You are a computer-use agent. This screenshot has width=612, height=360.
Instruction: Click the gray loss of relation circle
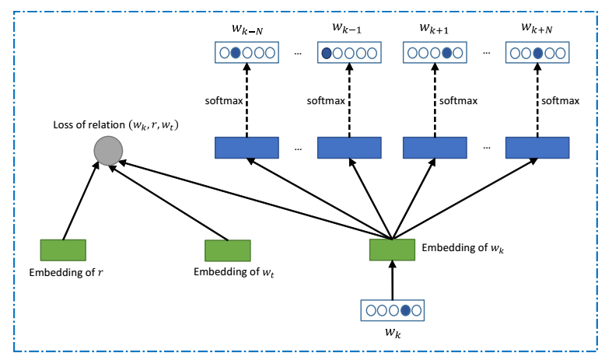pyautogui.click(x=107, y=149)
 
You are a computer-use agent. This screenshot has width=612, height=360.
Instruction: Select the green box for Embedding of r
pyautogui.click(x=63, y=250)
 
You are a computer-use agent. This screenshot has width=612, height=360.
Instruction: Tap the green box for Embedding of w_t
pyautogui.click(x=227, y=250)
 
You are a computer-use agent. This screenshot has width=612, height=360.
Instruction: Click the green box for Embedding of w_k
pyautogui.click(x=392, y=250)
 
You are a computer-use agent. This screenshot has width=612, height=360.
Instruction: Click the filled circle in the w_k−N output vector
pyautogui.click(x=235, y=54)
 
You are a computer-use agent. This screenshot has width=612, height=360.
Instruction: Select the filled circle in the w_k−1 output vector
pyautogui.click(x=327, y=54)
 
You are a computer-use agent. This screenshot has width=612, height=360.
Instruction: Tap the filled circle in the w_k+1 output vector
pyautogui.click(x=447, y=54)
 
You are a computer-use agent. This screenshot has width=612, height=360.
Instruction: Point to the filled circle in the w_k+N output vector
pyautogui.click(x=537, y=54)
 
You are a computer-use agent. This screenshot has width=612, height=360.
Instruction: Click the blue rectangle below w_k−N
pyautogui.click(x=246, y=147)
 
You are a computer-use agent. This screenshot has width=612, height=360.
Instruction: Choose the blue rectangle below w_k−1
pyautogui.click(x=349, y=147)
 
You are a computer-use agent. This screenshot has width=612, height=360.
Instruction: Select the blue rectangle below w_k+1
pyautogui.click(x=434, y=147)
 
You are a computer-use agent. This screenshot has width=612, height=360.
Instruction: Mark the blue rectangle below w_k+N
pyautogui.click(x=537, y=147)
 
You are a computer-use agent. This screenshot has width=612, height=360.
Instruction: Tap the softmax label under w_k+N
pyautogui.click(x=560, y=100)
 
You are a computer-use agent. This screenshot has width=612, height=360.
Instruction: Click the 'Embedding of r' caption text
pyautogui.click(x=61, y=272)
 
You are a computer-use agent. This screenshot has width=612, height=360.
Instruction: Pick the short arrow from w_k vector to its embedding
pyautogui.click(x=392, y=281)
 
